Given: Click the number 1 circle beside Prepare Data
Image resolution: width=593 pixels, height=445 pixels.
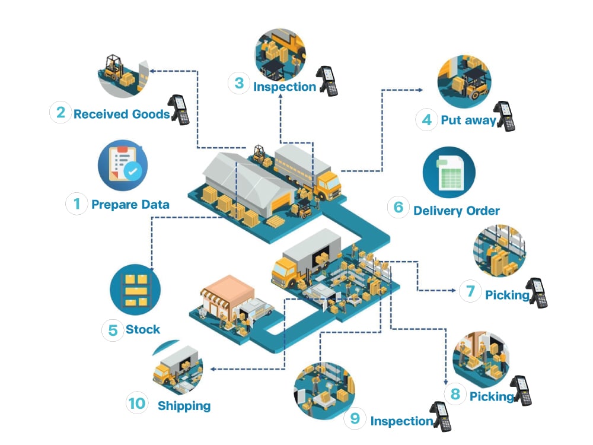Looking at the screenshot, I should pyautogui.click(x=76, y=204).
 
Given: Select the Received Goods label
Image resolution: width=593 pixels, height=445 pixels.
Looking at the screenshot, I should pyautogui.click(x=122, y=114).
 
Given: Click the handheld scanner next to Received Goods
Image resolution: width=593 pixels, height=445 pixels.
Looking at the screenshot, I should pyautogui.click(x=179, y=109).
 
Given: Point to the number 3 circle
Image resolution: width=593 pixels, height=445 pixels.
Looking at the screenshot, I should pyautogui.click(x=239, y=83).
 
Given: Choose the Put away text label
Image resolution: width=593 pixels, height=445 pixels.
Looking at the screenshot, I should pyautogui.click(x=468, y=120).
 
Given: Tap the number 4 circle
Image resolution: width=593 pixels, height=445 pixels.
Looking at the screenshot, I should pyautogui.click(x=427, y=120).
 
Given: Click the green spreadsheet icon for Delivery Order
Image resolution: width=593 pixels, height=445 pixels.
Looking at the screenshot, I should pyautogui.click(x=449, y=172).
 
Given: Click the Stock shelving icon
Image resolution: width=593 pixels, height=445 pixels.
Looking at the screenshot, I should pyautogui.click(x=135, y=290).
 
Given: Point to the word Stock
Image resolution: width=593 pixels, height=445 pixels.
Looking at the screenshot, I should pyautogui.click(x=143, y=329).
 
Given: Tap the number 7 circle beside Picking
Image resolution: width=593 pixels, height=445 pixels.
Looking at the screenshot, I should pyautogui.click(x=470, y=291).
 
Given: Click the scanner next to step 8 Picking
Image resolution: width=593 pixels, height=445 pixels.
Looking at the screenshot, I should pyautogui.click(x=521, y=391).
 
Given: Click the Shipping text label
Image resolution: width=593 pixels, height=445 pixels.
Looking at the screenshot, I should pyautogui.click(x=184, y=406).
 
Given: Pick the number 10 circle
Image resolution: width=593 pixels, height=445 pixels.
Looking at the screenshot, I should pyautogui.click(x=137, y=403).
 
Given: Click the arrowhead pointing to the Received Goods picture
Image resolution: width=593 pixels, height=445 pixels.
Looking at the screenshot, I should pyautogui.click(x=152, y=71).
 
